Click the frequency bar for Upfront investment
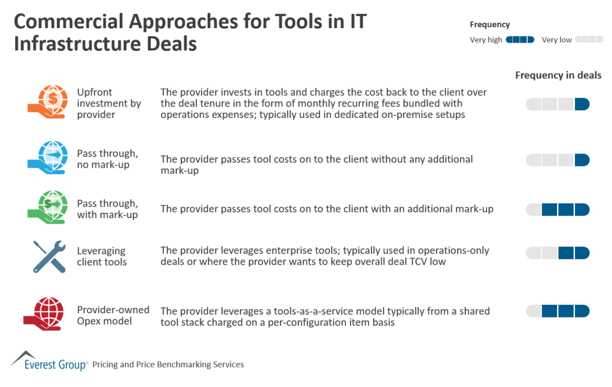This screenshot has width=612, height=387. click(x=558, y=104)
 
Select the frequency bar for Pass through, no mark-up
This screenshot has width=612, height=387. click(x=558, y=160)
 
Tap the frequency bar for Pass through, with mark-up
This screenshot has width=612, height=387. click(x=558, y=210)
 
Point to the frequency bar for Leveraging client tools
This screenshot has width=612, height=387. click(x=558, y=253)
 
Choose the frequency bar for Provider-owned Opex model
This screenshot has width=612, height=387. click(x=558, y=311)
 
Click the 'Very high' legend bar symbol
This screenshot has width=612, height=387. click(x=520, y=40)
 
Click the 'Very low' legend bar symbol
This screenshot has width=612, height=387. click(x=589, y=40)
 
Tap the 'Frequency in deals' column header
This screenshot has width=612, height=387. click(x=558, y=75)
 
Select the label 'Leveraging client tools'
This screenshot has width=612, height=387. click(x=102, y=256)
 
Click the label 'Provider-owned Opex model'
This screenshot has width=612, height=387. click(x=113, y=315)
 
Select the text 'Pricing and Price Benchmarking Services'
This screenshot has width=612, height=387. click(x=168, y=364)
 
